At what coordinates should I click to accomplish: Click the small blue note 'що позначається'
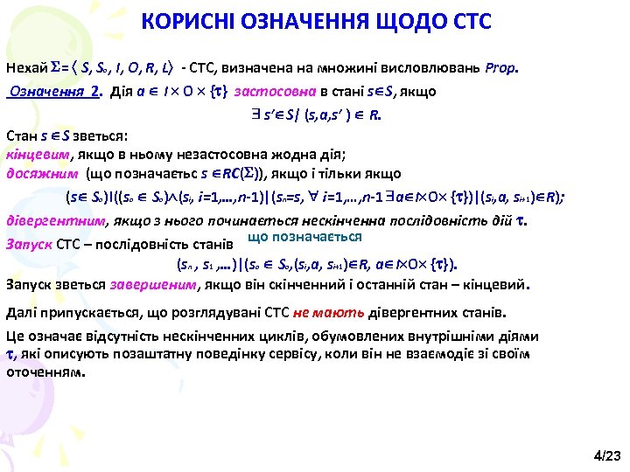[304, 237]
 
